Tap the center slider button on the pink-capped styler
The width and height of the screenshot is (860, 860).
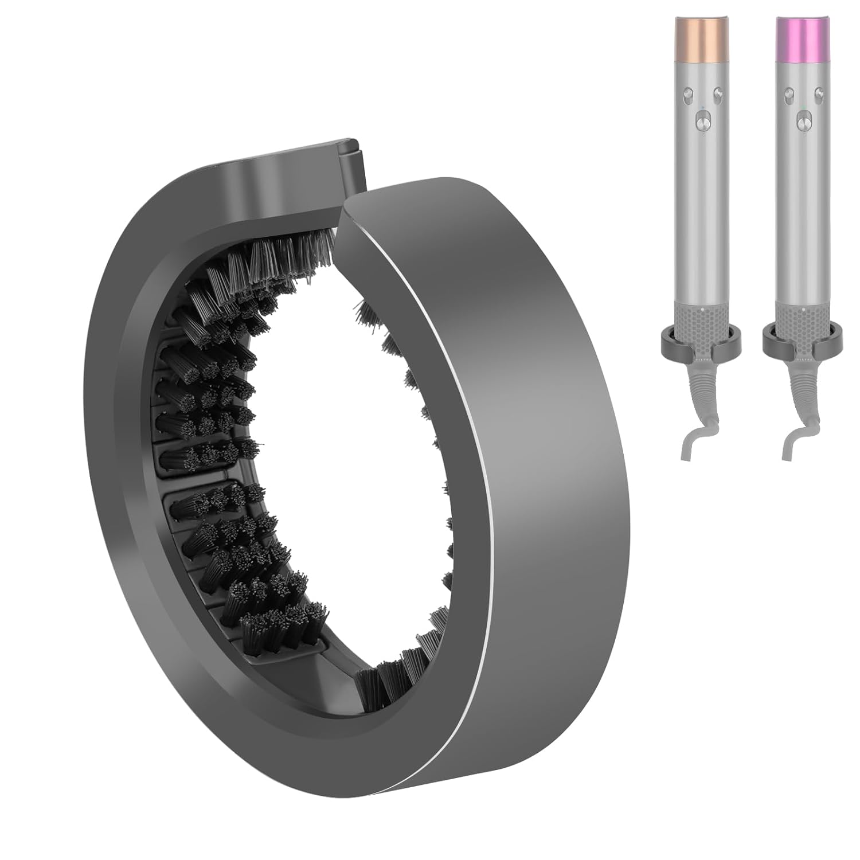point(801,121)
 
